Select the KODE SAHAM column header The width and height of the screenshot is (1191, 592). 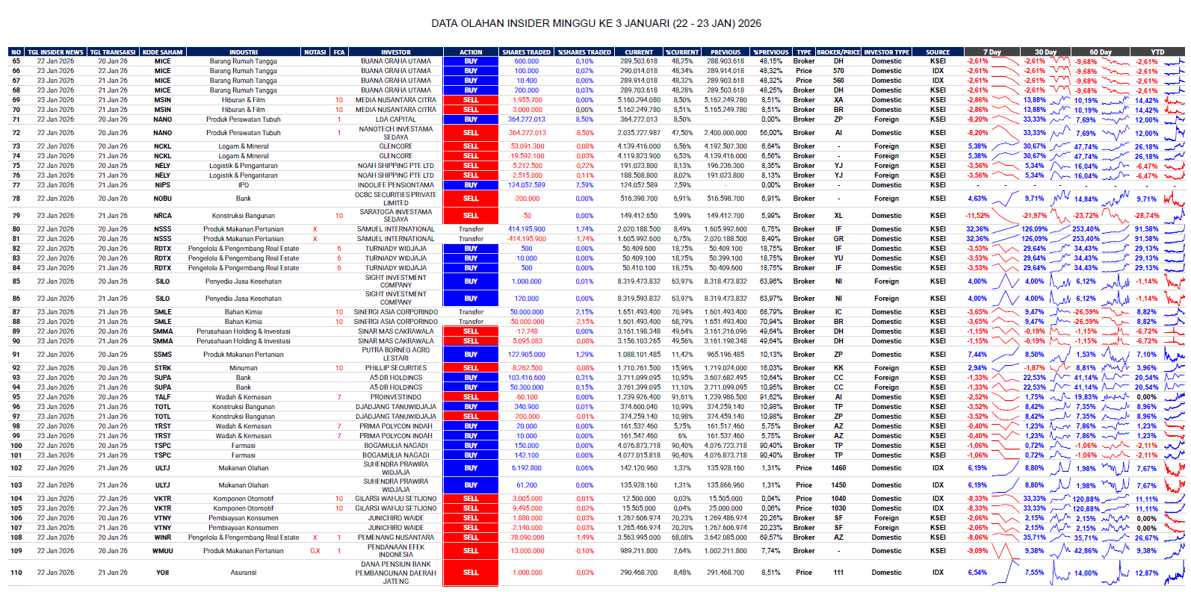tap(163, 52)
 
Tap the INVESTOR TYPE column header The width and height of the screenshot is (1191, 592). tap(886, 52)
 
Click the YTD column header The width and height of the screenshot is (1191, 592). tap(1157, 52)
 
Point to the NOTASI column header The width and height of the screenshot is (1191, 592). tap(315, 52)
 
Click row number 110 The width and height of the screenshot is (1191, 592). tap(16, 573)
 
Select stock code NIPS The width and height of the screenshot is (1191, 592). tap(163, 185)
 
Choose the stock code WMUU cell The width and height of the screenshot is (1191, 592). tap(163, 551)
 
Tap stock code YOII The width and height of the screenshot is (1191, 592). tap(163, 573)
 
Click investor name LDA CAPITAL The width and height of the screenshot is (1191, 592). tap(396, 119)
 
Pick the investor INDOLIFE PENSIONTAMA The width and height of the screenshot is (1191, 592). tap(396, 185)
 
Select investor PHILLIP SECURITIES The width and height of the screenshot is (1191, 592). tap(396, 368)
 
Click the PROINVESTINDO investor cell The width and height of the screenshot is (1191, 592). tap(396, 397)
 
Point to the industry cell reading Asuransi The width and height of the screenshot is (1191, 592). tap(244, 573)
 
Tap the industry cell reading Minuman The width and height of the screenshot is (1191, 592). tap(244, 368)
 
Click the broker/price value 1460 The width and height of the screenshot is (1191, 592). tap(838, 468)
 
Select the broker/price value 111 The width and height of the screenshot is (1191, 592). tap(838, 573)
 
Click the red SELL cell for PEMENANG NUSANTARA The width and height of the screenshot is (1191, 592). tap(471, 538)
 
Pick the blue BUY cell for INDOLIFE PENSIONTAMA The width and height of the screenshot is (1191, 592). tap(471, 185)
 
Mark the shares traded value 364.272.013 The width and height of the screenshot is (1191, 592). tap(527, 119)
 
